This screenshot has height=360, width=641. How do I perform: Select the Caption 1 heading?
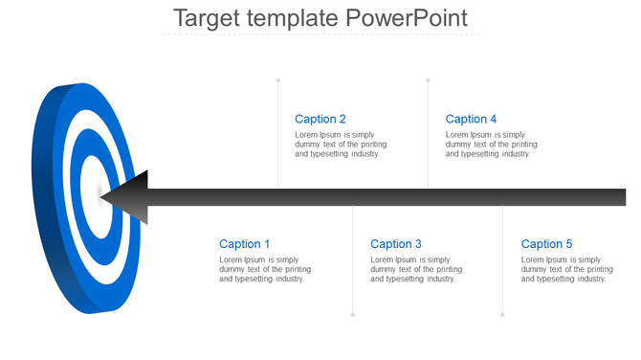pos(245,244)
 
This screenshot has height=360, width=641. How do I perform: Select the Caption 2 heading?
pos(320,120)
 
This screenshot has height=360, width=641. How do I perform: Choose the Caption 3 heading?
pos(396,244)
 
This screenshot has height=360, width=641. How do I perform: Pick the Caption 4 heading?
pos(472,120)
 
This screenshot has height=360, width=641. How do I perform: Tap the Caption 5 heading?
pos(547,244)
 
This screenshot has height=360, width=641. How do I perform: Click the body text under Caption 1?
pos(265,269)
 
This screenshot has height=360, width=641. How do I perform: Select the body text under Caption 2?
pos(341,145)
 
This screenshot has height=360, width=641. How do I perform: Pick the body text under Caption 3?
pos(416,269)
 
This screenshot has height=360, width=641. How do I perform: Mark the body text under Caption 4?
pos(492,145)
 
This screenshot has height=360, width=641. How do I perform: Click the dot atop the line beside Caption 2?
pos(278,80)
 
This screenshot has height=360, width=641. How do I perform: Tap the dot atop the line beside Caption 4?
pos(428,80)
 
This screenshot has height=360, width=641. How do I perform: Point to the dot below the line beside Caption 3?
pos(353,314)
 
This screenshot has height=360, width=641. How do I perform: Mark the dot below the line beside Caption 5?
pos(502,314)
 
